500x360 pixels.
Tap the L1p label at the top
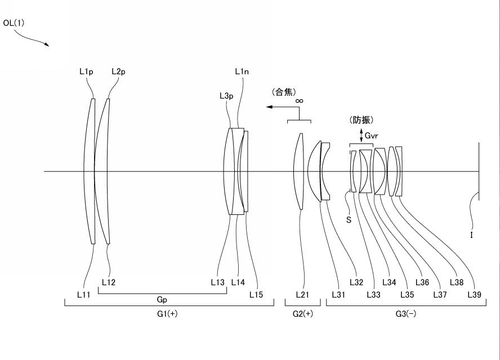coord(86,71)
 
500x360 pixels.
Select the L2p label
coord(118,71)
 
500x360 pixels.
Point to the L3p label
coord(226,96)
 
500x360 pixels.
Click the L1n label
coord(242,71)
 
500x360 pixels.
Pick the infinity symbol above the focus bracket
coord(299,101)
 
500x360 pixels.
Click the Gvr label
coord(372,136)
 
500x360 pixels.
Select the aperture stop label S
coord(349,220)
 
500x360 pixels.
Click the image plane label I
coord(471,236)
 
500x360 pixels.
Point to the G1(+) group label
coord(167,314)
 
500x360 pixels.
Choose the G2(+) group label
coord(302,314)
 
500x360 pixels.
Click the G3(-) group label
coord(405,314)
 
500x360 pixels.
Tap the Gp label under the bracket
coord(162,300)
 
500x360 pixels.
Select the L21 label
coord(303,294)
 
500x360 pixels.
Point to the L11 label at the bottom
coord(84,294)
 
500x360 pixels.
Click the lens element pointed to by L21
coord(300,171)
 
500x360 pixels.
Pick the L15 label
coord(257,294)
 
